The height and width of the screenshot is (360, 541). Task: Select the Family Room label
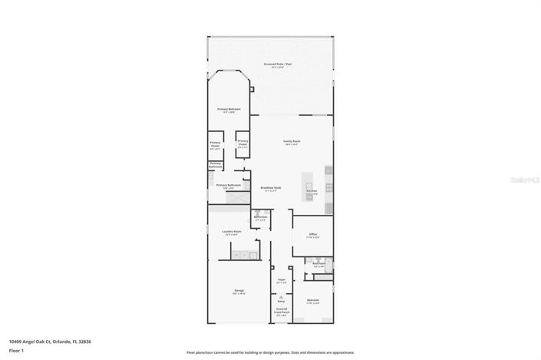[292, 142]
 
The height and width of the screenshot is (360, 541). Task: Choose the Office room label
[313, 234]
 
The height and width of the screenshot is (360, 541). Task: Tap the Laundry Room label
[233, 232]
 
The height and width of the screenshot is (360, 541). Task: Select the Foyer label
[282, 281]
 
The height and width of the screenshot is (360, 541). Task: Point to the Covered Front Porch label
[282, 311]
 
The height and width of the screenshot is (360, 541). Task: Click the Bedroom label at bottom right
[313, 300]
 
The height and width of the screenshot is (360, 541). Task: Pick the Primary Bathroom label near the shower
[229, 185]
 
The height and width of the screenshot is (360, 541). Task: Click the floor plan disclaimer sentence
[269, 352]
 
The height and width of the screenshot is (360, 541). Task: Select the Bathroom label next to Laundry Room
[260, 217]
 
